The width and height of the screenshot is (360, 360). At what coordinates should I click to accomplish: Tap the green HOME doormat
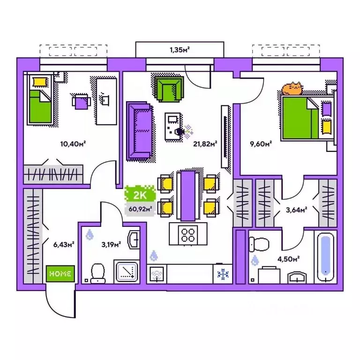click(60, 273)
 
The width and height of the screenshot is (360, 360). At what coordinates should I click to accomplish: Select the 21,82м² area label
click(204, 145)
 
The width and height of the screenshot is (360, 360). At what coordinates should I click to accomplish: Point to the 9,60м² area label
click(262, 145)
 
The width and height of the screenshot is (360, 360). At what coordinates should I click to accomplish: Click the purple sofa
click(139, 131)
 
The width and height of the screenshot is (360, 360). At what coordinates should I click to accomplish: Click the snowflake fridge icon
click(223, 274)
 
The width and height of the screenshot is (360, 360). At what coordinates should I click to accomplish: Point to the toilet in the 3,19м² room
click(98, 272)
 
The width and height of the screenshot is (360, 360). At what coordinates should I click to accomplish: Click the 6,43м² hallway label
click(64, 243)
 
